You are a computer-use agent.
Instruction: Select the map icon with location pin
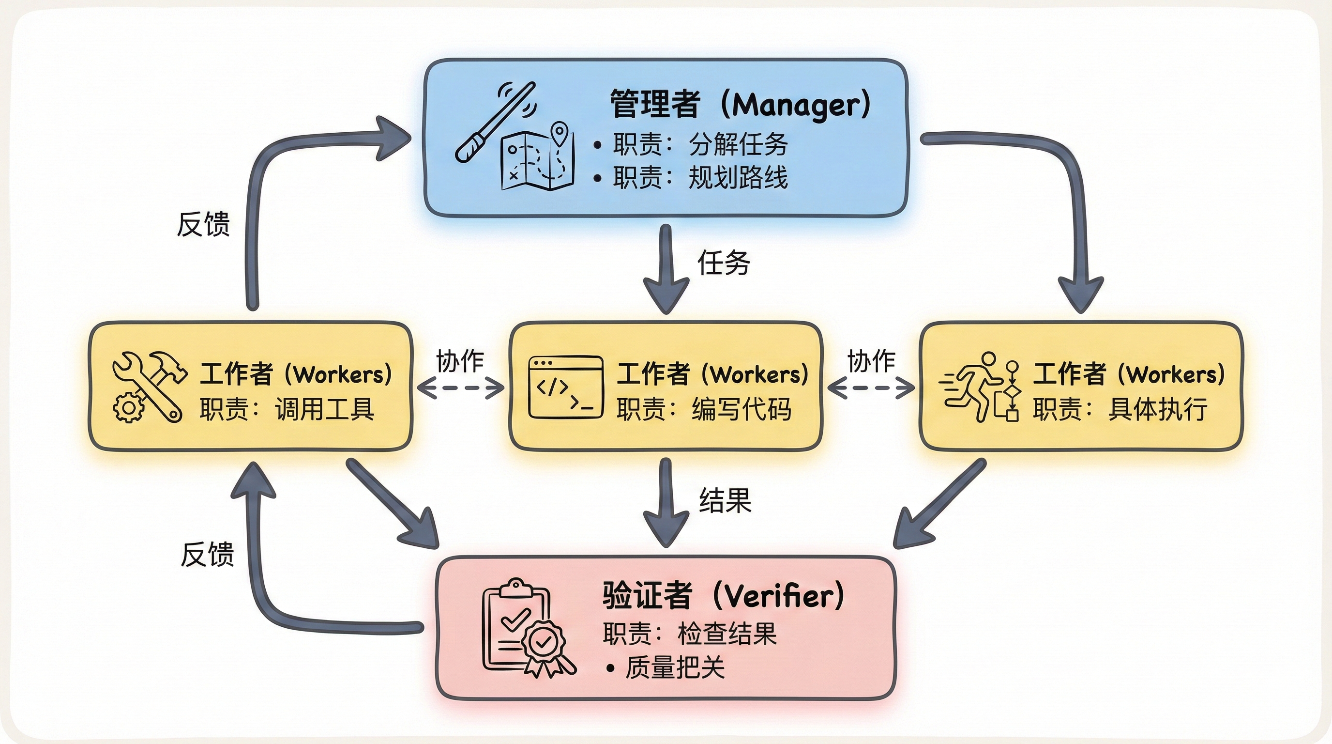538,158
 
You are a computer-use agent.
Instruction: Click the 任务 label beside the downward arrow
724,263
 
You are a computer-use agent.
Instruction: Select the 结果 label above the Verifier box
725,501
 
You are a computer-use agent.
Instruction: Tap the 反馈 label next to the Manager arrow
203,225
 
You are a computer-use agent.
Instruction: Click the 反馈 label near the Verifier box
207,555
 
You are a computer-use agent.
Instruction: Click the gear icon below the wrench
128,408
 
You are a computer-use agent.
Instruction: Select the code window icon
566,387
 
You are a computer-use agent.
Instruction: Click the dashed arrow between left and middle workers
461,387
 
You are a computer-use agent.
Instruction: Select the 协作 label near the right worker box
871,361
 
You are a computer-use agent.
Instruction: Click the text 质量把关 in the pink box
675,668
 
